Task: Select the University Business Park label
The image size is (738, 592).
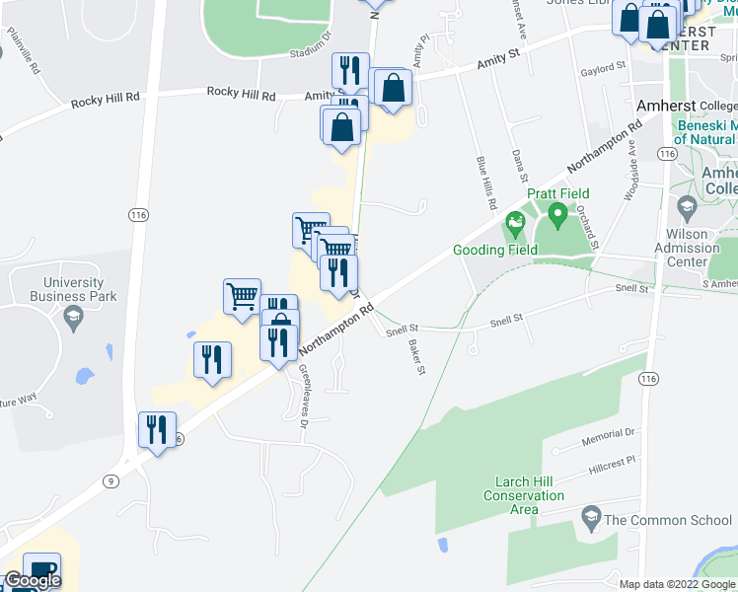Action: [72, 289]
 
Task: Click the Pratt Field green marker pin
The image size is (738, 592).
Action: [557, 213]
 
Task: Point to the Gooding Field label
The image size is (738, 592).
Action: [495, 250]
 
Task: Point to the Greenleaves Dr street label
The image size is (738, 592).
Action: [303, 393]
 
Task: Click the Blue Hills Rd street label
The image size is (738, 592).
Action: [484, 185]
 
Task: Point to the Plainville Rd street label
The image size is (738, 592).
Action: [23, 50]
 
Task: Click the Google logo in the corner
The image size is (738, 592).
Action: [32, 580]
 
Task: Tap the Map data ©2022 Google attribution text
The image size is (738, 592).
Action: [676, 584]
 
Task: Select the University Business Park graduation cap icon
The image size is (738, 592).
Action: [72, 317]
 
